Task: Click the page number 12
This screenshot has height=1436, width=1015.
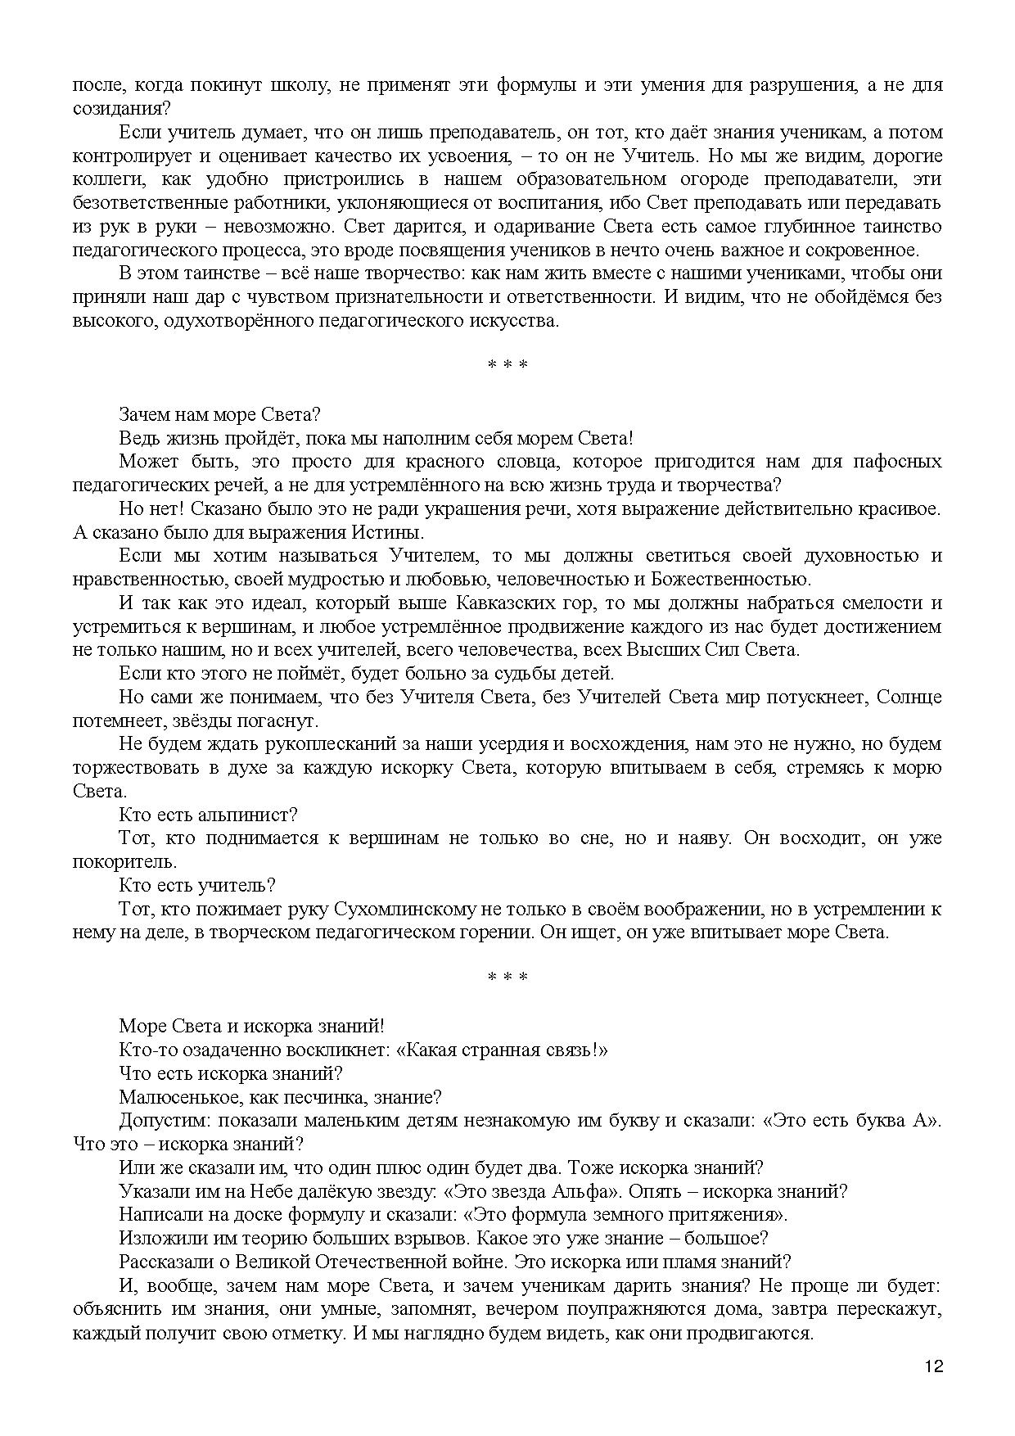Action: pos(934,1366)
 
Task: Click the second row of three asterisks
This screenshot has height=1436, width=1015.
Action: pos(508,978)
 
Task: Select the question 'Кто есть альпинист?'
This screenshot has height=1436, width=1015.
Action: pos(208,815)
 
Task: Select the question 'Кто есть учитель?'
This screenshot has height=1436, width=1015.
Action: pos(197,885)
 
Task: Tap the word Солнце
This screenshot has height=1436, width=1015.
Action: pos(909,698)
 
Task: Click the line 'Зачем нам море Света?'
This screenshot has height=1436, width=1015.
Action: pos(219,414)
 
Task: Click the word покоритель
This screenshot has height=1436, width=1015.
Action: pos(123,862)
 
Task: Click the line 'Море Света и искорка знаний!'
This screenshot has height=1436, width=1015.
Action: pos(251,1025)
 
